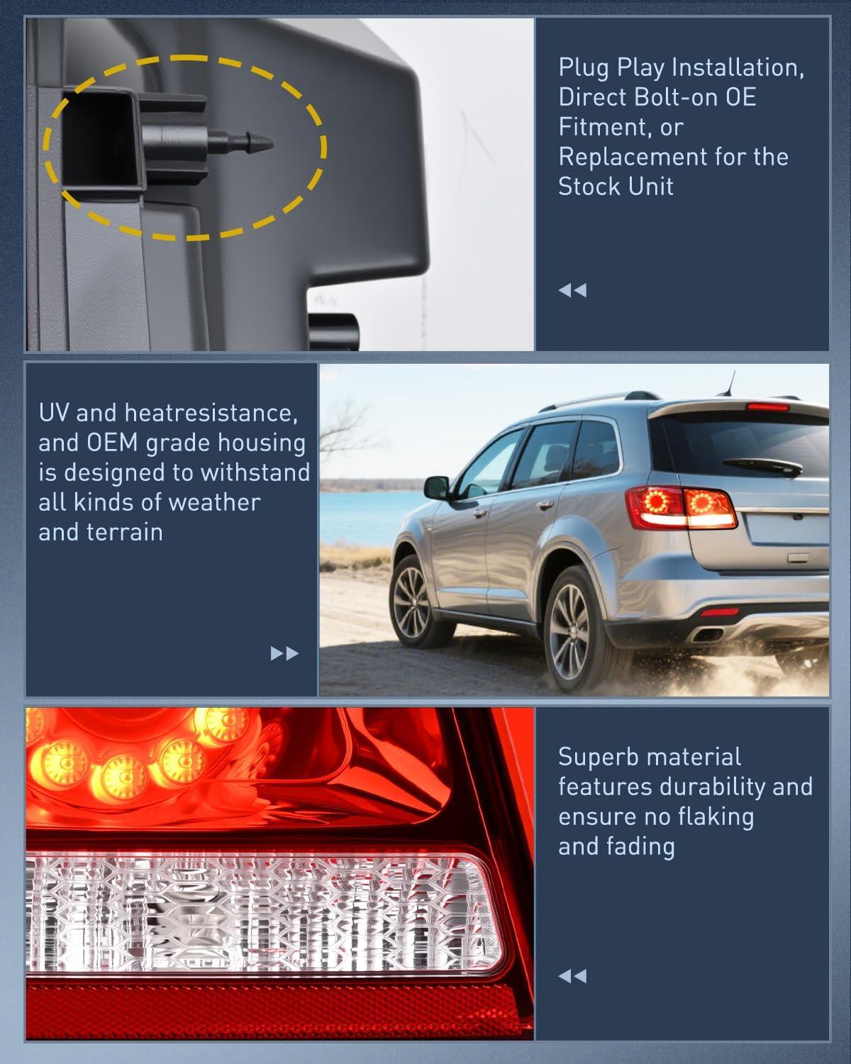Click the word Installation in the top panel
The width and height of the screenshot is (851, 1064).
(726, 67)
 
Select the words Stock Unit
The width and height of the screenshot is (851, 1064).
(616, 187)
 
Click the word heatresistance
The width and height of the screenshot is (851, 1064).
(211, 412)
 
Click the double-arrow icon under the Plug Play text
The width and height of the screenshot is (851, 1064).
(572, 290)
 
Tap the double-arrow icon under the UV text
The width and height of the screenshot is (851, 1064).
(284, 653)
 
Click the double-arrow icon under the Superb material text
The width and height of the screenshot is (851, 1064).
(572, 977)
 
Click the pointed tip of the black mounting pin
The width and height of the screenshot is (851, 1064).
(272, 143)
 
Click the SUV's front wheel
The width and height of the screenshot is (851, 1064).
(413, 600)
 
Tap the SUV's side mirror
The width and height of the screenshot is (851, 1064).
(437, 487)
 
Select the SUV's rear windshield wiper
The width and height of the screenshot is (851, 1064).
(762, 465)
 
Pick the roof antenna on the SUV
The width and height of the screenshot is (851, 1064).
(729, 384)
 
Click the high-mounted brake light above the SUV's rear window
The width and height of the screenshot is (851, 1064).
(767, 407)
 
